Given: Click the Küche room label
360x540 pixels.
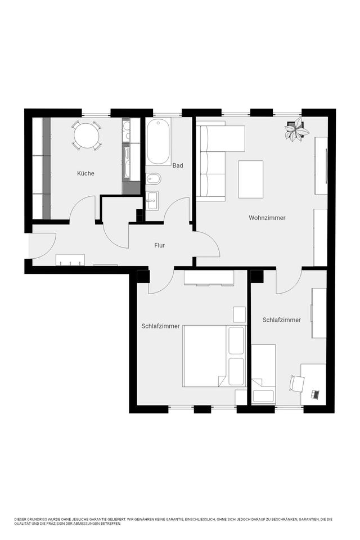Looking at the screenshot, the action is coord(85,173).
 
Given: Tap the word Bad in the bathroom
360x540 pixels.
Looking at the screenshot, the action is coord(178,165).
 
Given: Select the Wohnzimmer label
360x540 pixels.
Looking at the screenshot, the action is coord(267,218).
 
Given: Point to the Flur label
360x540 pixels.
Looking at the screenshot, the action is coord(160,245).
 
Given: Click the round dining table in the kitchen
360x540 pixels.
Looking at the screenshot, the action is coord(87,136).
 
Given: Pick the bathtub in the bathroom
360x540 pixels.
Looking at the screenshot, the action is coord(159,141).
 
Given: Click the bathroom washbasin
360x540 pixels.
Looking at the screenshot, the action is coord(152,200).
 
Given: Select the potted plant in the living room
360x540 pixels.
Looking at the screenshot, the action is coord(296,129).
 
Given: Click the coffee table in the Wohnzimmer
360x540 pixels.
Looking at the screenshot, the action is coord(250,179).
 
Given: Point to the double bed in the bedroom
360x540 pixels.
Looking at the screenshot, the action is coord(214,355).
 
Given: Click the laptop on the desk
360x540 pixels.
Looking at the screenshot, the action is coord(315,394).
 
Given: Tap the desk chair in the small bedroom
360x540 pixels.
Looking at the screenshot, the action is coord(296,383).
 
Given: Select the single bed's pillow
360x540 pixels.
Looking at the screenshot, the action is coord(263,395).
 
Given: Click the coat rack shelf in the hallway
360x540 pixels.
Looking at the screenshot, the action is coord(70,260).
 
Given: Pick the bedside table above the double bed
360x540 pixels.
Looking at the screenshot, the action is coord(240,314).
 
